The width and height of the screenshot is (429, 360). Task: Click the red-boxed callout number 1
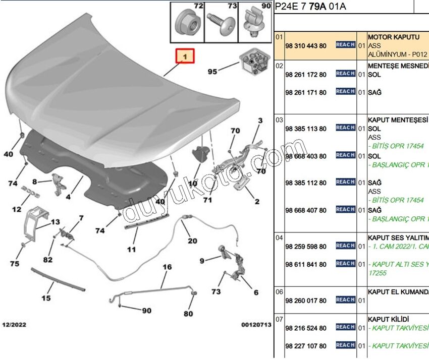point(185,57)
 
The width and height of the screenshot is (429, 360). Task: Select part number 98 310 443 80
point(305,46)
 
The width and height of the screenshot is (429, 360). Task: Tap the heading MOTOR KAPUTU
point(394,37)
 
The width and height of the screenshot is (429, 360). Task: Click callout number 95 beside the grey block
point(212,72)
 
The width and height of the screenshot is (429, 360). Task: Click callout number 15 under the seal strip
point(46,298)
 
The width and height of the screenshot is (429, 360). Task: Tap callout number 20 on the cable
point(193,241)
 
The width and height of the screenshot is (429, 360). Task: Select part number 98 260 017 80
point(305,301)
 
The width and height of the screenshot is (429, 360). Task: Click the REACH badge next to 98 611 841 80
point(346,264)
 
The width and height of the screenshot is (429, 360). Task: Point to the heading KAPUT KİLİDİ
point(388,319)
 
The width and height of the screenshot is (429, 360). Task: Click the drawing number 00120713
point(256,325)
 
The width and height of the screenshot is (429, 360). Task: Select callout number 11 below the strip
point(131,249)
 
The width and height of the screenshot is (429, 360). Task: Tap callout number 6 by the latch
point(256,292)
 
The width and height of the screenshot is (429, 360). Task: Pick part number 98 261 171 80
point(305,92)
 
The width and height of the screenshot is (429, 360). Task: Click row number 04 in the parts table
point(279,236)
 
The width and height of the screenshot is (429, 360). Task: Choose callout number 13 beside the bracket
point(55,222)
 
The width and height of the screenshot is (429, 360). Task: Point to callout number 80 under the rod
point(188,314)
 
